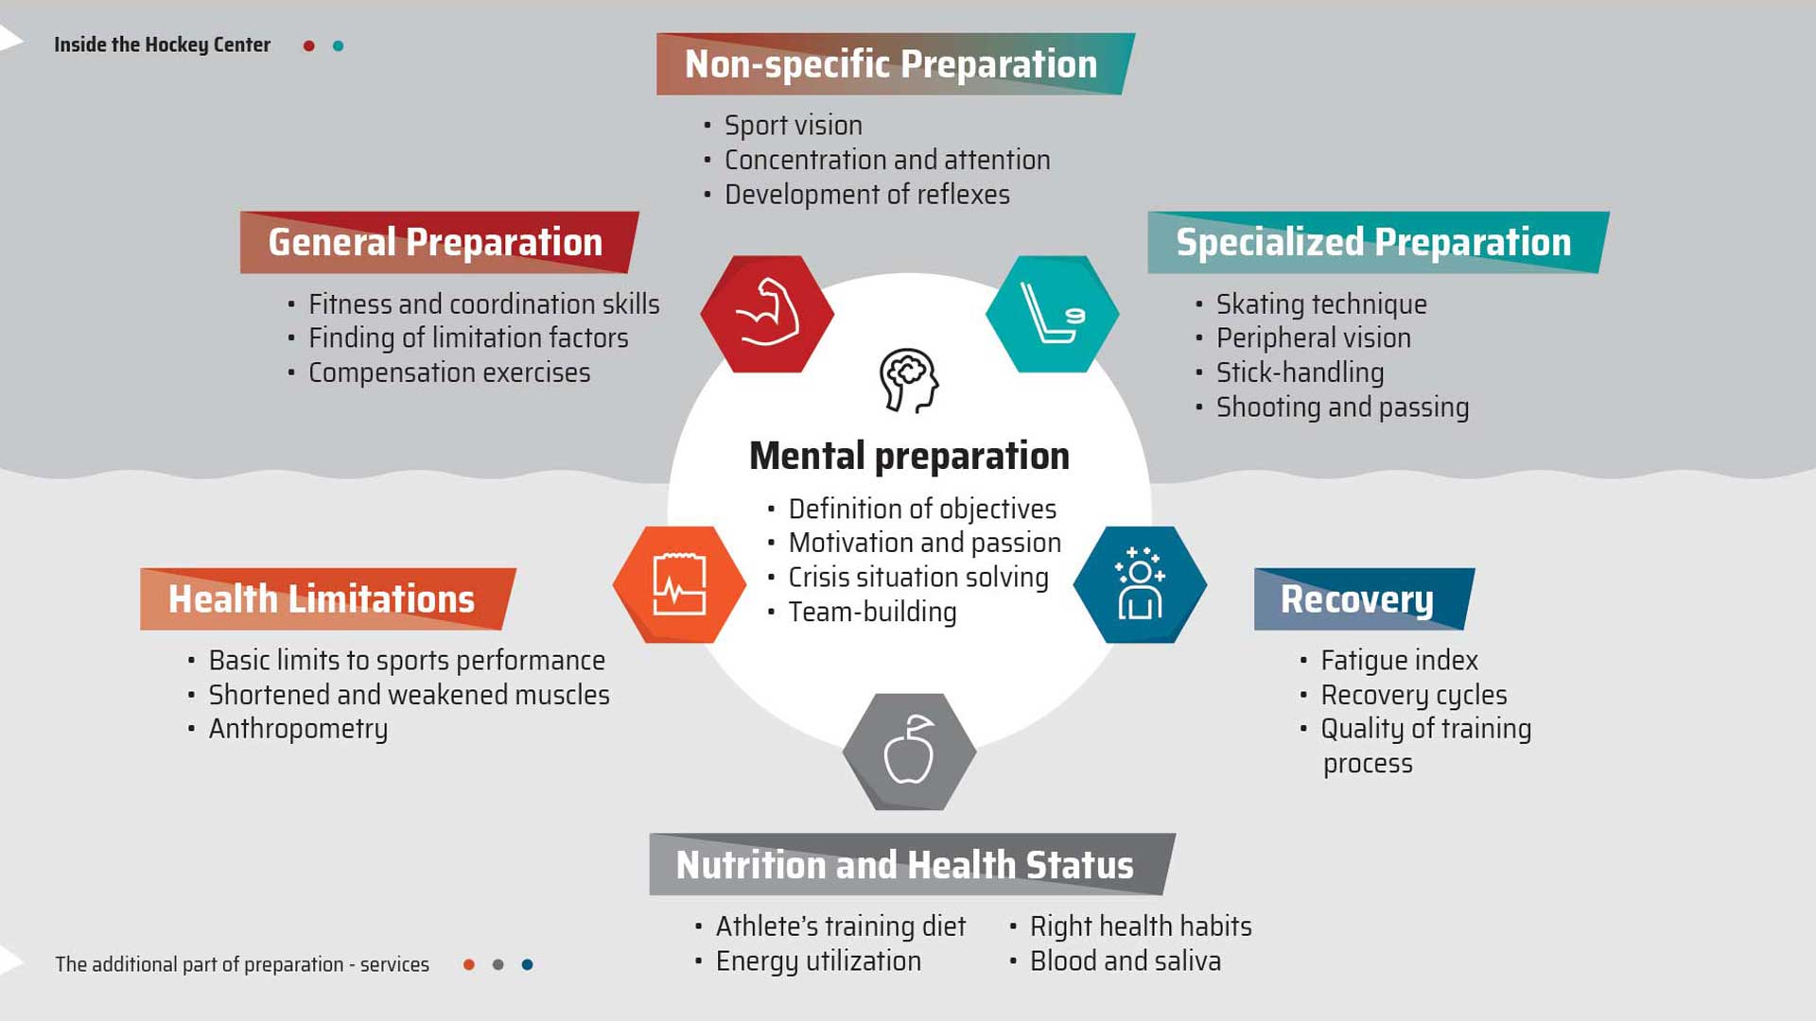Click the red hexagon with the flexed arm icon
pyautogui.click(x=767, y=314)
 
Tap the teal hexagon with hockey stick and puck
pyautogui.click(x=1052, y=314)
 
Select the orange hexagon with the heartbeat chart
pyautogui.click(x=679, y=584)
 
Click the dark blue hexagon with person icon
pyautogui.click(x=1140, y=584)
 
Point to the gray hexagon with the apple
pyautogui.click(x=909, y=752)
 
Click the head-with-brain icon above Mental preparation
pyautogui.click(x=909, y=380)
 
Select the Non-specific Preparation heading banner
pyautogui.click(x=896, y=64)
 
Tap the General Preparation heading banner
pyautogui.click(x=439, y=242)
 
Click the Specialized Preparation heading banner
pyautogui.click(x=1378, y=242)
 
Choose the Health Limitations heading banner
pyautogui.click(x=327, y=599)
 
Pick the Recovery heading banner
pyautogui.click(x=1364, y=599)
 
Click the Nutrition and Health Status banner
pyautogui.click(x=912, y=864)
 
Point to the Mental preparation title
pyautogui.click(x=909, y=456)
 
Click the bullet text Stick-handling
pyautogui.click(x=1300, y=372)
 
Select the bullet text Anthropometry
pyautogui.click(x=298, y=729)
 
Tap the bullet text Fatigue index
pyautogui.click(x=1399, y=660)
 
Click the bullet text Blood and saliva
pyautogui.click(x=1125, y=960)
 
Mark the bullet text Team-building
pyautogui.click(x=872, y=612)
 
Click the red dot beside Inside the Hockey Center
pyautogui.click(x=308, y=45)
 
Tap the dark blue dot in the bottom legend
pyautogui.click(x=527, y=964)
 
